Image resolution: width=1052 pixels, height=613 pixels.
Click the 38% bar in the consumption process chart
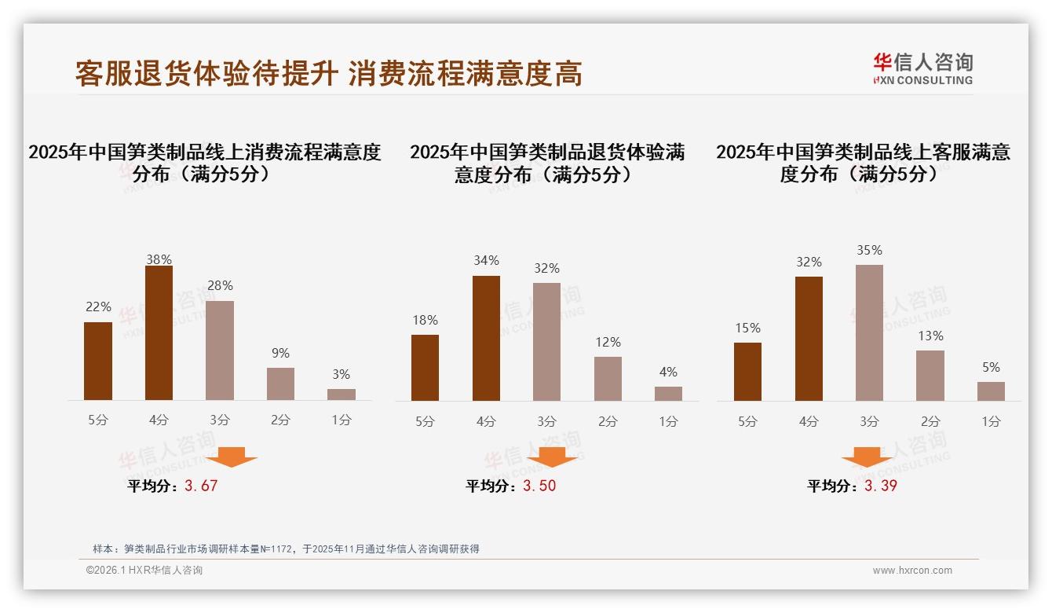159,333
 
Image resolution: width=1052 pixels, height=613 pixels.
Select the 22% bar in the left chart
98,361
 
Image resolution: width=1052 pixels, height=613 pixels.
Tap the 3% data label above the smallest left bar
341,375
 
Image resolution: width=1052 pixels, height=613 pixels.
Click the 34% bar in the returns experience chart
486,338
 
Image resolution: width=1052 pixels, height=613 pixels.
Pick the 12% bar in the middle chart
608,379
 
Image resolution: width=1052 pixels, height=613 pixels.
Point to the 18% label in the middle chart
425,321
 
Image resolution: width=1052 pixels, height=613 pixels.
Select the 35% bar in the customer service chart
869,332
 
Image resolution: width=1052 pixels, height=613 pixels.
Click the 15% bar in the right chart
747,372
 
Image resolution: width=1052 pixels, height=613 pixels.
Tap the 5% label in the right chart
991,368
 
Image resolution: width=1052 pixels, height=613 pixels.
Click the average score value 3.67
201,486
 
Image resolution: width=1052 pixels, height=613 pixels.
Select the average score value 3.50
539,486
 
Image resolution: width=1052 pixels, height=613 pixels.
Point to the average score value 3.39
881,486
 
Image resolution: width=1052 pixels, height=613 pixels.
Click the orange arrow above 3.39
867,457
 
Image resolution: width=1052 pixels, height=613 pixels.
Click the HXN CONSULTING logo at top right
922,69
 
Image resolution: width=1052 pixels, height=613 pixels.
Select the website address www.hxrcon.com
912,571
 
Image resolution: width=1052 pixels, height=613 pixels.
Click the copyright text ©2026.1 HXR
144,571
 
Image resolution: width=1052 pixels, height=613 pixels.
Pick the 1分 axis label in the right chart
991,421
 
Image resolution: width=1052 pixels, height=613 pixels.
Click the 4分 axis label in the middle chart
486,421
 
